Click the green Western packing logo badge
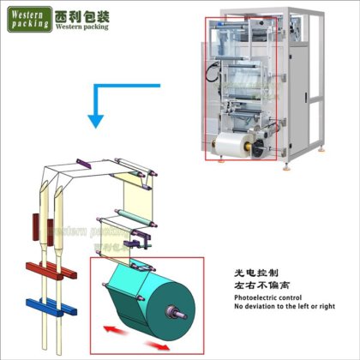click(x=28, y=18)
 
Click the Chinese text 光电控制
click(x=257, y=269)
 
